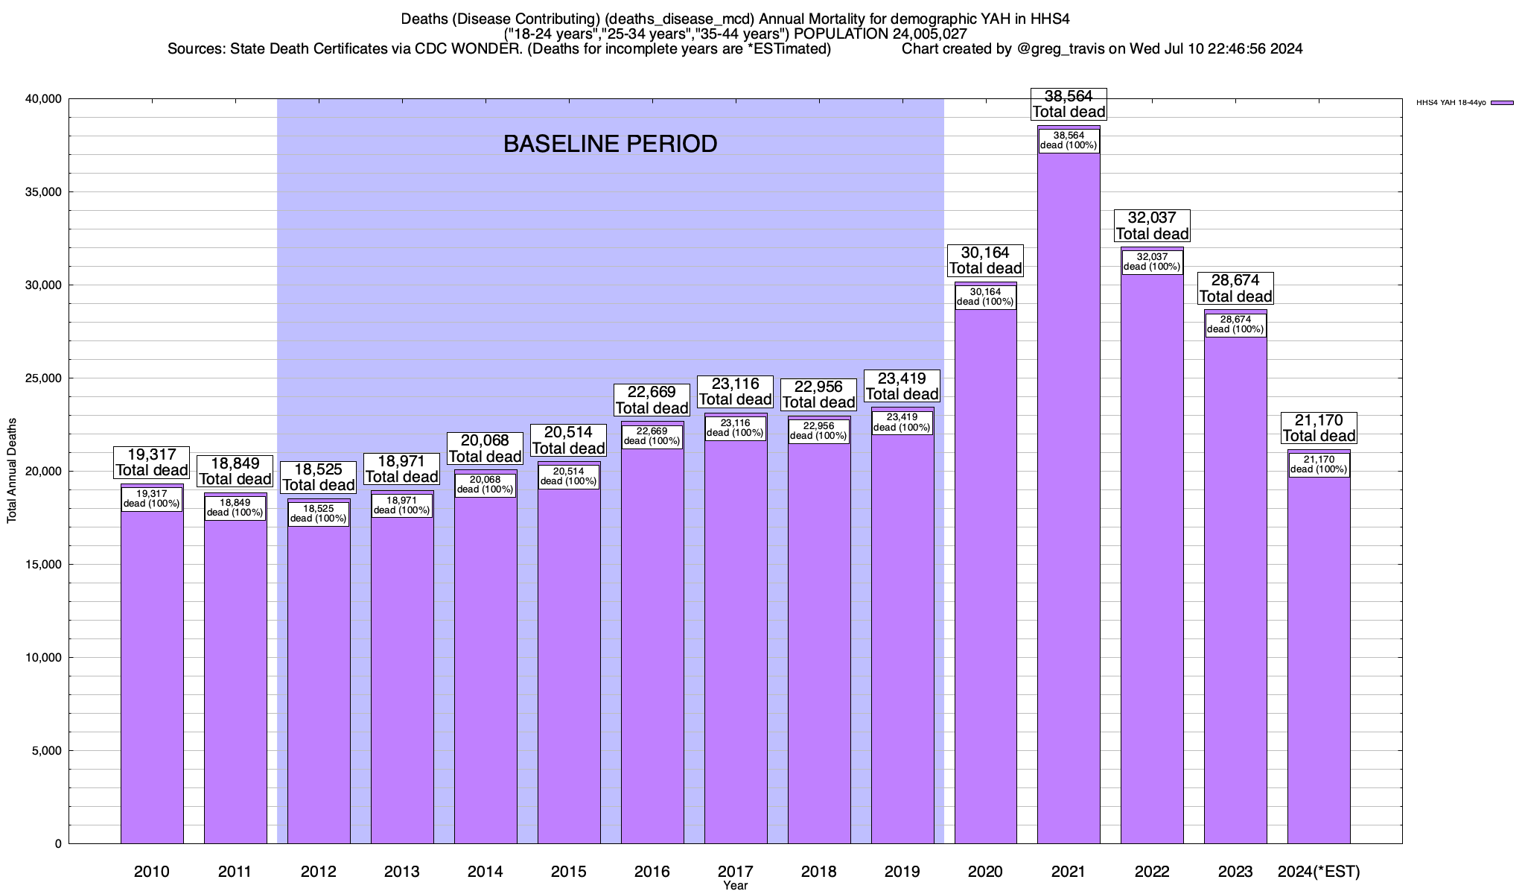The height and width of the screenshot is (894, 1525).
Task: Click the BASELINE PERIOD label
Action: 610,144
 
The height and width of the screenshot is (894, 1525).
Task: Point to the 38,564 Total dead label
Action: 1069,104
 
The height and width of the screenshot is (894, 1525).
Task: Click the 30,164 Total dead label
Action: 985,260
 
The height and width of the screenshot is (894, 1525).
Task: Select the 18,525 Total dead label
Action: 319,478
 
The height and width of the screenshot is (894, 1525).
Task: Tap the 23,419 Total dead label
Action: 902,386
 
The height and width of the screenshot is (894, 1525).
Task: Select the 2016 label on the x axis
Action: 652,872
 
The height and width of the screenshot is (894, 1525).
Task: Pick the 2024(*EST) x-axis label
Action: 1319,872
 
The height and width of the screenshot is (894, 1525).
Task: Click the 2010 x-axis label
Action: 152,872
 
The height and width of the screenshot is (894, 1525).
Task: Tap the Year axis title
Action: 735,886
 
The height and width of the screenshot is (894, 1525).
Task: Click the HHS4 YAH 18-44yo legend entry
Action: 1464,103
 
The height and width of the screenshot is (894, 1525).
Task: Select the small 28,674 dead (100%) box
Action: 1235,325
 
